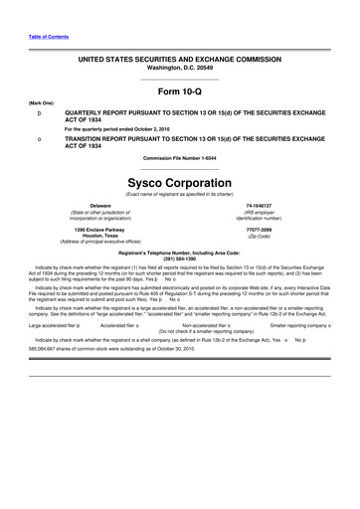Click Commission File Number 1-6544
pyautogui.click(x=180, y=159)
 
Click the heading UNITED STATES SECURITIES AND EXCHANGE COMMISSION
pyautogui.click(x=180, y=59)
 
